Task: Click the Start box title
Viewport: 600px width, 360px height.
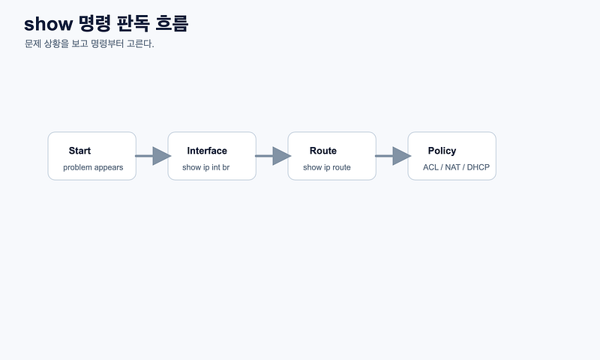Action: click(x=79, y=151)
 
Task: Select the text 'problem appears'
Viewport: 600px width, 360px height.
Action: click(x=93, y=167)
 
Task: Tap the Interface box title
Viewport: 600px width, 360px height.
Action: click(x=207, y=151)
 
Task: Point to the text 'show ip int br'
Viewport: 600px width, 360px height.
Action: click(x=205, y=167)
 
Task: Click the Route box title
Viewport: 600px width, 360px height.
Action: click(x=323, y=151)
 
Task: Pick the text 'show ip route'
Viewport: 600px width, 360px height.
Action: click(x=327, y=167)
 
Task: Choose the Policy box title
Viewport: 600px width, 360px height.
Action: click(x=442, y=151)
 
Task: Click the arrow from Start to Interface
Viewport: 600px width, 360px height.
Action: click(x=153, y=156)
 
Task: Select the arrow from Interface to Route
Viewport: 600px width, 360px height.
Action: click(x=273, y=156)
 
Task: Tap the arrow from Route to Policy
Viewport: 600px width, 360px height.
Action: click(x=393, y=156)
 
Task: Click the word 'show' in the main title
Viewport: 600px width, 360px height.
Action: click(x=48, y=24)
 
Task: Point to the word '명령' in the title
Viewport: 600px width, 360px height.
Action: click(x=95, y=23)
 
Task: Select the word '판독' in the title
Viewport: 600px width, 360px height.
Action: click(x=133, y=23)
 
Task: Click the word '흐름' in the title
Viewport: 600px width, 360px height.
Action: click(x=172, y=23)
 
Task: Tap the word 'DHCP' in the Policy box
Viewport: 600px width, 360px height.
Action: click(x=478, y=167)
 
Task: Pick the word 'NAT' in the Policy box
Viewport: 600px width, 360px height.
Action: click(x=453, y=167)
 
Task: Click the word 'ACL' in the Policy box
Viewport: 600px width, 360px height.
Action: click(x=430, y=167)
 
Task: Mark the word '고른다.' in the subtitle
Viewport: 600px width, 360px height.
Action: click(x=140, y=43)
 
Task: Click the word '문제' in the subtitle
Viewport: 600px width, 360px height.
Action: click(x=33, y=43)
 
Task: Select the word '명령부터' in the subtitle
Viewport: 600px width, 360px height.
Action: click(x=107, y=43)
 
